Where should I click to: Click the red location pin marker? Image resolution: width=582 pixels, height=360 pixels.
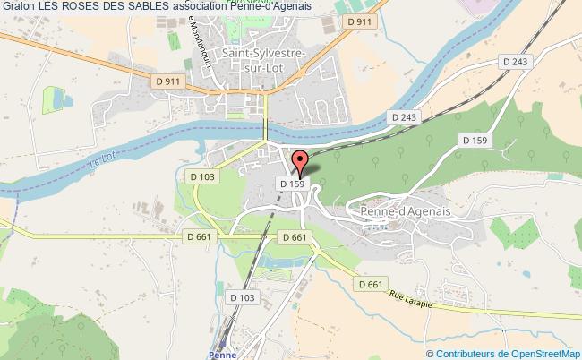(x=299, y=162)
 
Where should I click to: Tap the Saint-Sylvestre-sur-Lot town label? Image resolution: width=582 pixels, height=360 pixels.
(x=268, y=65)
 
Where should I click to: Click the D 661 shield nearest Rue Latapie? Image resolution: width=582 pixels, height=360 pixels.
(x=370, y=284)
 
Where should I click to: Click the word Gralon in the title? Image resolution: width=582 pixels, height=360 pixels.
(x=18, y=7)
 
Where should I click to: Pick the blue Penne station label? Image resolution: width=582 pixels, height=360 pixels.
(x=224, y=355)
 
